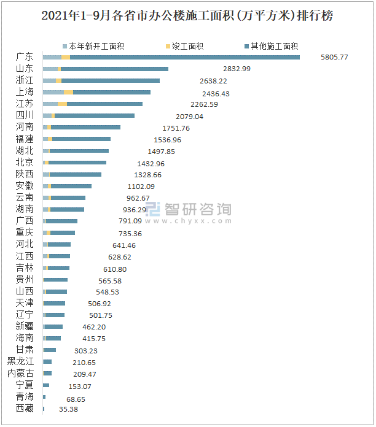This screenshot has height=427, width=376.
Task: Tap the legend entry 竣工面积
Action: point(184,46)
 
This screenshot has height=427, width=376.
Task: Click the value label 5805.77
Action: point(334,57)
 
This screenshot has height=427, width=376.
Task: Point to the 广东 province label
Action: point(25,57)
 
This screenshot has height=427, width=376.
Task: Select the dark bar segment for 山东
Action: point(114,69)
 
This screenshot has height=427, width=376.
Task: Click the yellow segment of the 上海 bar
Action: point(68,92)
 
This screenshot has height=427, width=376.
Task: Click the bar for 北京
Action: point(77,163)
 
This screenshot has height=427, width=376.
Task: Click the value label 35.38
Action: point(68,409)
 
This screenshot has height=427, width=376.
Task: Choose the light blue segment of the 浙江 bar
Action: point(49,80)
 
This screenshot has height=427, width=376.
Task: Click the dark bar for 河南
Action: point(85,128)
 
